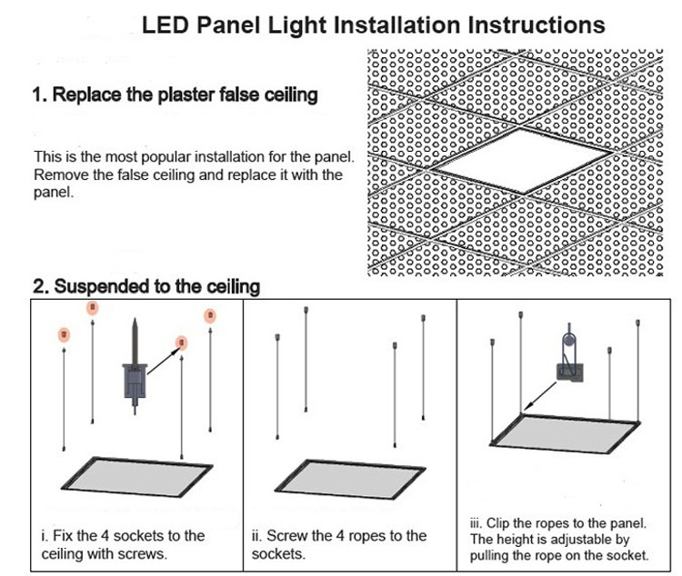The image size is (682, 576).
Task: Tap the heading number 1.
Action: (x=38, y=94)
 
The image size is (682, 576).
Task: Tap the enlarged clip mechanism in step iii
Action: (x=567, y=362)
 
